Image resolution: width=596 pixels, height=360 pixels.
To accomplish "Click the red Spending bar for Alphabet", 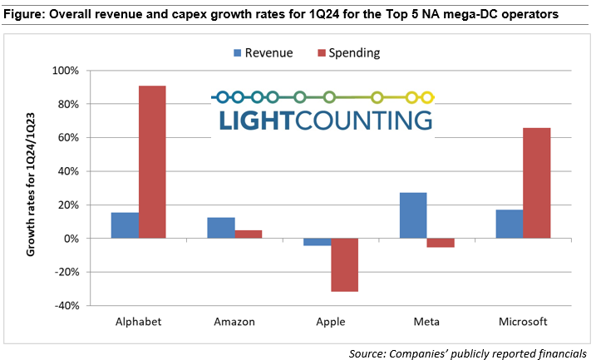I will click(x=152, y=162).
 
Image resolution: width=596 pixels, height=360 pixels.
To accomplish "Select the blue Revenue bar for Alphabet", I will click(x=125, y=225).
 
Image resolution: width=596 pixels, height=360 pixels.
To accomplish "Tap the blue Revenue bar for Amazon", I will click(x=220, y=228).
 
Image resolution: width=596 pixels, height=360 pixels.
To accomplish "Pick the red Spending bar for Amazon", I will click(x=248, y=234).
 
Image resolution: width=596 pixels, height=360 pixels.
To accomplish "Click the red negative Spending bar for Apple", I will click(x=344, y=264).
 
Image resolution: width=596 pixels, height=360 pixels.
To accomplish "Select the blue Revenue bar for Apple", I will click(x=317, y=242).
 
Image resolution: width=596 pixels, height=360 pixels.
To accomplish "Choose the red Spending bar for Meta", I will click(x=441, y=243).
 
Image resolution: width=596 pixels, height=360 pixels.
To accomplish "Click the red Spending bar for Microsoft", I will click(x=536, y=183).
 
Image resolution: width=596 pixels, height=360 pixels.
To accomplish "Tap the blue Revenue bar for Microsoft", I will click(x=509, y=224).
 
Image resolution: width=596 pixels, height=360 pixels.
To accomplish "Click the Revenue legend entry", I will click(x=262, y=53).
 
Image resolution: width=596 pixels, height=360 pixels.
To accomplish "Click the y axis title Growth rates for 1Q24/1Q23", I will click(x=32, y=188).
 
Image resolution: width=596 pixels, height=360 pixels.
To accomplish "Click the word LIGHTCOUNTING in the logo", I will click(x=326, y=121).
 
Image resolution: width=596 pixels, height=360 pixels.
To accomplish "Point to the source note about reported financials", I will click(x=467, y=353).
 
